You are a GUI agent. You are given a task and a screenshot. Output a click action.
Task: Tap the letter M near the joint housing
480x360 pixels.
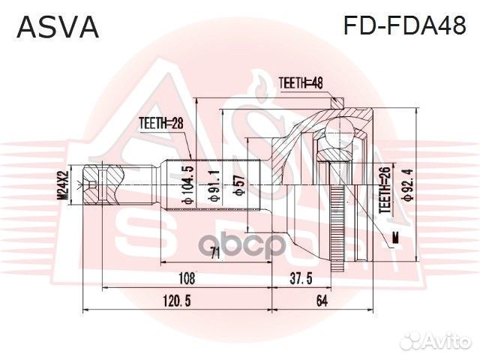pyautogui.click(x=394, y=238)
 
